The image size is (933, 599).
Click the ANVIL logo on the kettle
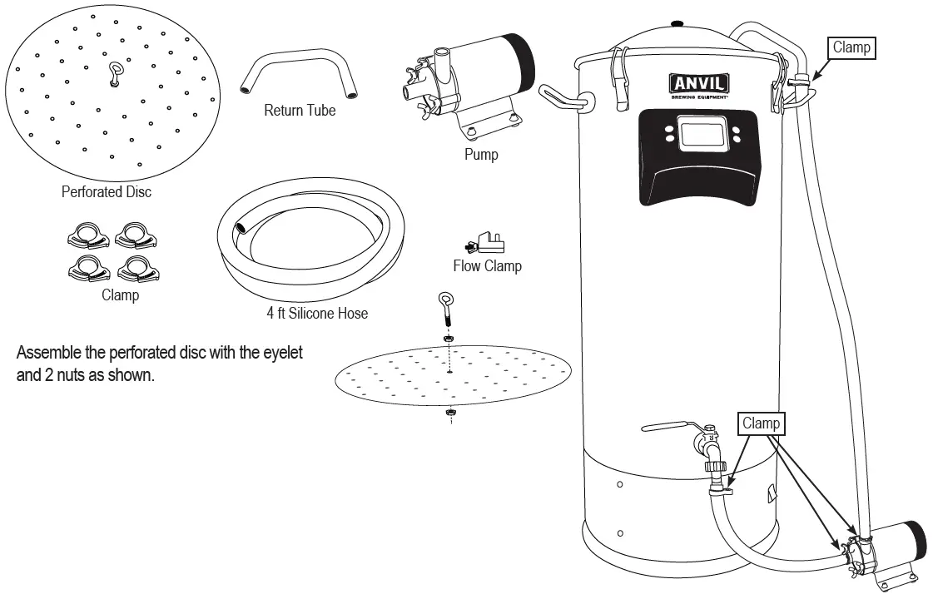point(699,83)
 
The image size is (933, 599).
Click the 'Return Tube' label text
point(300,110)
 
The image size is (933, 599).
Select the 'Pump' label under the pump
point(481,154)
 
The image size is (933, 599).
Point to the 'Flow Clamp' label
point(487,266)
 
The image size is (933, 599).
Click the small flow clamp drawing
point(485,243)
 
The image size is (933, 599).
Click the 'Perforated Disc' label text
point(107,192)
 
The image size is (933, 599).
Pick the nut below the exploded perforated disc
point(449,413)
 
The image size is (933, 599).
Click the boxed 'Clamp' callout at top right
point(851,47)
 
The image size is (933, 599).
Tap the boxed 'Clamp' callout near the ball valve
point(761,423)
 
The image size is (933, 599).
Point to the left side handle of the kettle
point(565,97)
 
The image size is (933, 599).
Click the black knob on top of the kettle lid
point(677,22)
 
